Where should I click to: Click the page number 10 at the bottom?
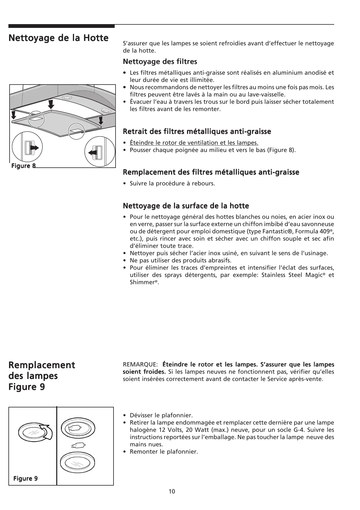click(x=172, y=491)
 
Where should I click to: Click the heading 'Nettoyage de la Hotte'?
click(x=58, y=38)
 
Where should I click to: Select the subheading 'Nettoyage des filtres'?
click(x=160, y=62)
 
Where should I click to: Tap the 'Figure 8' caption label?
click(x=23, y=166)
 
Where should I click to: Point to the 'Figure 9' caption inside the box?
click(x=25, y=479)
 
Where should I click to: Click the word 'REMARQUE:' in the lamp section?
click(x=141, y=364)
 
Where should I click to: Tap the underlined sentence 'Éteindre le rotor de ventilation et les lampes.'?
click(x=194, y=143)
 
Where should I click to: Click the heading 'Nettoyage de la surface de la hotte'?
click(x=186, y=206)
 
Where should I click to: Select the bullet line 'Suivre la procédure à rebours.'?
click(x=172, y=183)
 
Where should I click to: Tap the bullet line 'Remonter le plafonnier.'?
click(x=164, y=452)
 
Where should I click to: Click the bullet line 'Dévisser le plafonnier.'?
click(x=161, y=415)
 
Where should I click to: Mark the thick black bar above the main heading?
click(x=62, y=26)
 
